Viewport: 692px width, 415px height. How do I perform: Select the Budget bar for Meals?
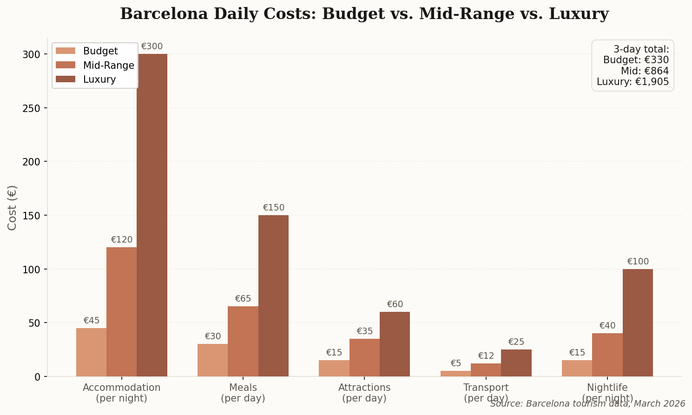[x=212, y=360]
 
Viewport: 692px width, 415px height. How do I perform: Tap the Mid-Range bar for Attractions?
[x=364, y=357]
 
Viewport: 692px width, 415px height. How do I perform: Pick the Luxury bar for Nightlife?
[x=638, y=323]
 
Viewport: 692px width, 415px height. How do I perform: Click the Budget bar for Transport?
[x=455, y=374]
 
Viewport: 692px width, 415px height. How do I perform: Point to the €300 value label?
[x=152, y=46]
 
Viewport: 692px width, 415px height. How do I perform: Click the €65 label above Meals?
[x=243, y=299]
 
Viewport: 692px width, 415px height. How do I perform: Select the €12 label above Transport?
[x=486, y=356]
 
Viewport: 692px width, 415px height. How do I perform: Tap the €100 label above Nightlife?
[x=638, y=262]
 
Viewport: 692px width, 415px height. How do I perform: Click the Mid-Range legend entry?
[x=108, y=66]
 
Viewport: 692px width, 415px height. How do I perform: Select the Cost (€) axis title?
[x=13, y=207]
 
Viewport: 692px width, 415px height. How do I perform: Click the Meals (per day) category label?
[x=243, y=393]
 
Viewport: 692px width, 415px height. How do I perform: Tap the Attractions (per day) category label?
[x=364, y=393]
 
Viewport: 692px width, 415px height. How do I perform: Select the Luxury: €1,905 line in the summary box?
[x=633, y=82]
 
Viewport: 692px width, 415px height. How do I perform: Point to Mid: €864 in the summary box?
[x=645, y=71]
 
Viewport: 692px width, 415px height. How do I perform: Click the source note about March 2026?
[x=587, y=404]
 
